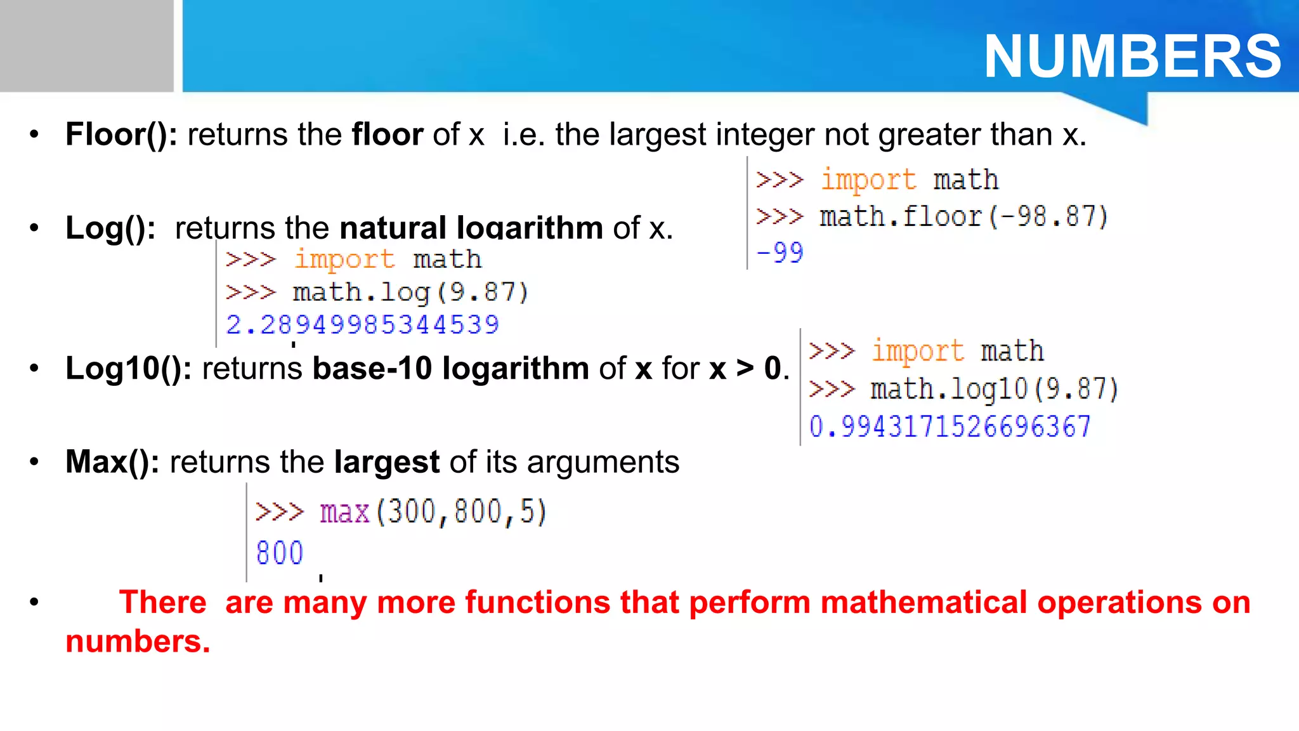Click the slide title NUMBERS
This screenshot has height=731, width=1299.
tap(1132, 56)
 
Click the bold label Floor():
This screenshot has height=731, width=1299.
tap(121, 135)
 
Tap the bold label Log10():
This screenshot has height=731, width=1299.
tap(129, 368)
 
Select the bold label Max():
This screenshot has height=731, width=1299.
tap(112, 462)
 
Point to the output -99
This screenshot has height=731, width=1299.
tap(780, 253)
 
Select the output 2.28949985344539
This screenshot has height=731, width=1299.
tap(363, 325)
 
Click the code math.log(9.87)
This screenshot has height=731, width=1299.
tap(410, 293)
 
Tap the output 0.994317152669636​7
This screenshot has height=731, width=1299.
tap(950, 426)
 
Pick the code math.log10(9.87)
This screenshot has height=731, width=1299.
tap(995, 389)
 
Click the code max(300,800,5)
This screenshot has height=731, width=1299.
tap(433, 511)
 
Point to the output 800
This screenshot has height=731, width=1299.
tap(280, 553)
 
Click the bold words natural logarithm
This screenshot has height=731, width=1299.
tap(471, 228)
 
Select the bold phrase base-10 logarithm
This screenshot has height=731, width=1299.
tap(451, 368)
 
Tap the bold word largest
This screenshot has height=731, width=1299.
tap(387, 462)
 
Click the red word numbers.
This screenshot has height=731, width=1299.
tap(137, 642)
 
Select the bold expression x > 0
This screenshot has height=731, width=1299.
tap(745, 368)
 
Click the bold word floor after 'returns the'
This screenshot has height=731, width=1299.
tap(388, 135)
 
